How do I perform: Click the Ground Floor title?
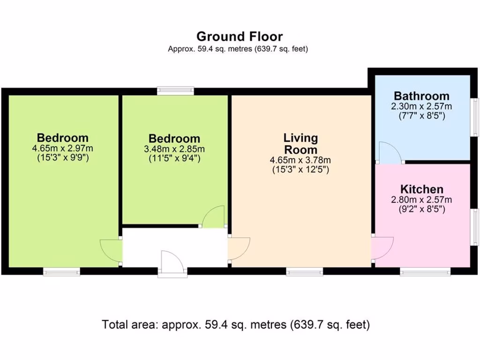(240, 36)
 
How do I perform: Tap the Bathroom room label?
(421, 96)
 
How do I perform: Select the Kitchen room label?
(421, 189)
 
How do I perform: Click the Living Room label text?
(300, 144)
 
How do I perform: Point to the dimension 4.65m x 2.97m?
(62, 149)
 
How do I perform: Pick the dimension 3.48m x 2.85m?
(174, 149)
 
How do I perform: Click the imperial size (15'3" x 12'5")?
(300, 170)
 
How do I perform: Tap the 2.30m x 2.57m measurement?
(421, 106)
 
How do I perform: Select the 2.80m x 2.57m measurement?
(421, 200)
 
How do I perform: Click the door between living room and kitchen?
(382, 248)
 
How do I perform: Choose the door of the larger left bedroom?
(111, 252)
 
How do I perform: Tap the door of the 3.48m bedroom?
(214, 217)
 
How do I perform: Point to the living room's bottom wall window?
(305, 271)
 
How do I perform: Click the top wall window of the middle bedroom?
(175, 91)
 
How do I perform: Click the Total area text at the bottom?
(236, 324)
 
